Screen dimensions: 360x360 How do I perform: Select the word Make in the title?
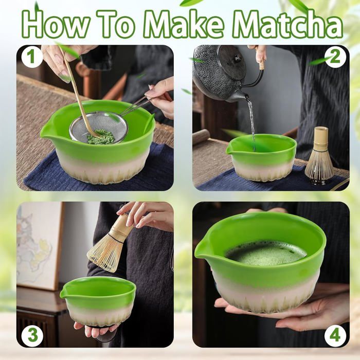tap(184, 24)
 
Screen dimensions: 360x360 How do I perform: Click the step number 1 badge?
tap(31, 56)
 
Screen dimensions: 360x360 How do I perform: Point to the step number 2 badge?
tap(335, 56)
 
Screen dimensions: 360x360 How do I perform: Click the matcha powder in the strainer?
tap(101, 137)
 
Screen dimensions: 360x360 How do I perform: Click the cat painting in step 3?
tap(37, 246)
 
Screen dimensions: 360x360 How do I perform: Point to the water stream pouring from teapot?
tap(251, 124)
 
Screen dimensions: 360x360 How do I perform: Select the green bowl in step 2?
tap(262, 158)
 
